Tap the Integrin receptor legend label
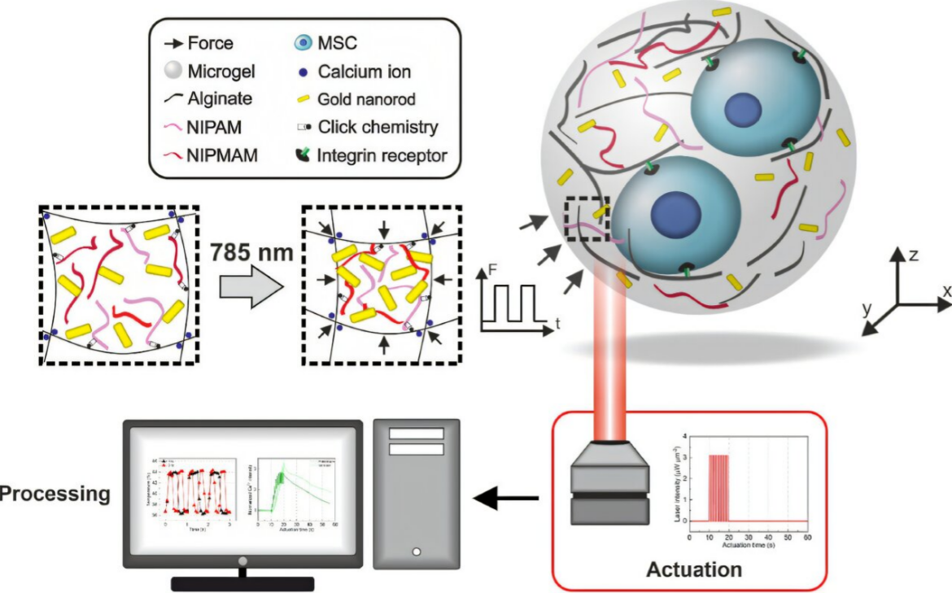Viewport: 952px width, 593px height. click(382, 154)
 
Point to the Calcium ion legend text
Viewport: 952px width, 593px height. click(365, 72)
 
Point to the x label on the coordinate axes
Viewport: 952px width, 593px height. click(946, 290)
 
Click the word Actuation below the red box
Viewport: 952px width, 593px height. click(694, 569)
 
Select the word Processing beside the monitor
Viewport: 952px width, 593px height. click(55, 494)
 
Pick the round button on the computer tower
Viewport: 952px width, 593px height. click(417, 552)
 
